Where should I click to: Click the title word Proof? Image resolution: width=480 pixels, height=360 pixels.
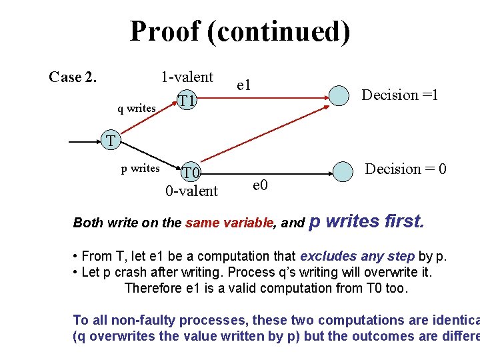click(x=164, y=31)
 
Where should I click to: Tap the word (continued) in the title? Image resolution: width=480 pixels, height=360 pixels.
click(x=279, y=32)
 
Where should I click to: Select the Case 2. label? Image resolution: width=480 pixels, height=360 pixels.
click(x=73, y=77)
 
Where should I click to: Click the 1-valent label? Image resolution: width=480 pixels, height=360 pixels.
click(x=187, y=77)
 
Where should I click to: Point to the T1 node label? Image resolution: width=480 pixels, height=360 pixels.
click(x=187, y=101)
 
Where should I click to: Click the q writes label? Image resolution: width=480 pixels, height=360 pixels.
click(x=137, y=108)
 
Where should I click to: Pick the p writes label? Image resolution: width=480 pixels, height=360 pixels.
click(x=140, y=168)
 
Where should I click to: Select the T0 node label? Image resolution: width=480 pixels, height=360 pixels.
click(x=192, y=173)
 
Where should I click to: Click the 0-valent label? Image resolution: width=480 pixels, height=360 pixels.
click(x=191, y=191)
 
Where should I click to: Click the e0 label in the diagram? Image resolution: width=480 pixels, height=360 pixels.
click(x=261, y=185)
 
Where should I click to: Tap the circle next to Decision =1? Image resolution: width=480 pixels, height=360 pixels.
click(x=341, y=96)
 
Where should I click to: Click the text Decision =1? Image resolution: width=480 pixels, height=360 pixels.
click(x=399, y=95)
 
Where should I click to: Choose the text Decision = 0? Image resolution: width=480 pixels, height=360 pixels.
click(x=405, y=169)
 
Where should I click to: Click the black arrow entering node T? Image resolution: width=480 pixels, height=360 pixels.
click(x=85, y=142)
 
